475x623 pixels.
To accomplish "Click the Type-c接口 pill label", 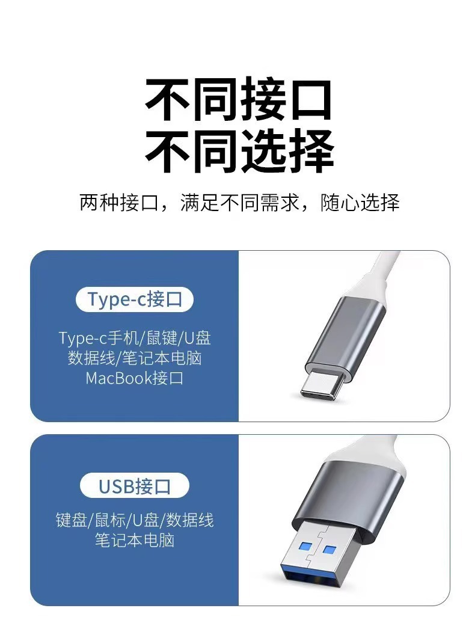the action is tap(134, 299).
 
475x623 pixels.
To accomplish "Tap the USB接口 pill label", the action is tap(134, 486).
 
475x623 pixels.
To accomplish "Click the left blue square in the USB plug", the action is tap(305, 545).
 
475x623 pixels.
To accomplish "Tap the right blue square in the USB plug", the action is tap(329, 550).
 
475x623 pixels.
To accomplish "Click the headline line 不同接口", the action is tap(238, 100).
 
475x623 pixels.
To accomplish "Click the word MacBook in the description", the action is tap(119, 378).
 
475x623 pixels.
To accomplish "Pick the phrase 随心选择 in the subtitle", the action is tap(360, 203).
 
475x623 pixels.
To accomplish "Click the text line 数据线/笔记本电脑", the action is tap(135, 358).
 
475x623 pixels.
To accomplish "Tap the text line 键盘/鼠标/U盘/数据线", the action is tap(135, 520).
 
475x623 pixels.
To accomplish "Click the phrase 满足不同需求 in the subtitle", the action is tap(239, 203).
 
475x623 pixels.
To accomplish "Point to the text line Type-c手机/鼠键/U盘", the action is tap(135, 338).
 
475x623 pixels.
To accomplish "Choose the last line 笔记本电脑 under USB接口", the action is tap(135, 540).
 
